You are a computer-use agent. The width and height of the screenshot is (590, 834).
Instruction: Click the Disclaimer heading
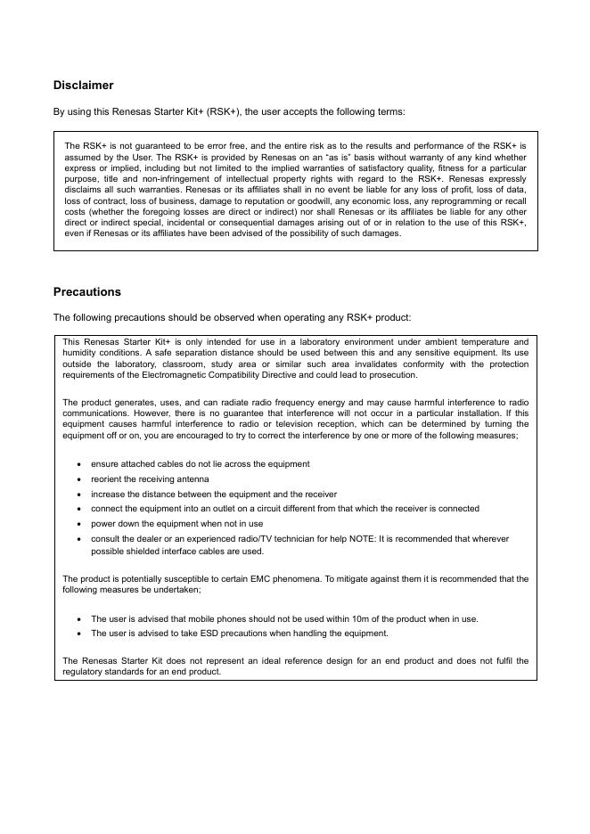[x=83, y=86]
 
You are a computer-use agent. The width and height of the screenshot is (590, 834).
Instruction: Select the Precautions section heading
[x=86, y=292]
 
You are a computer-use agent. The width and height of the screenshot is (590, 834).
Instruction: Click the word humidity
[x=79, y=353]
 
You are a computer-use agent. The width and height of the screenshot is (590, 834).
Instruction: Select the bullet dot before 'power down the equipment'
[x=80, y=524]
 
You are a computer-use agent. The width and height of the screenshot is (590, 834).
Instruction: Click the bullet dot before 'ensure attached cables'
[x=80, y=464]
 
